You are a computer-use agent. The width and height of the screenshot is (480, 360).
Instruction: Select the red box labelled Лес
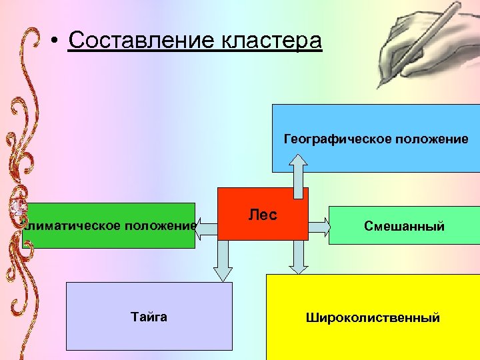click(263, 213)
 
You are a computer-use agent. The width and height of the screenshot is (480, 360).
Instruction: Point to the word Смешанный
click(404, 226)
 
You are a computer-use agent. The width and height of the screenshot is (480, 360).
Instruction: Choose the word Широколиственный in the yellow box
click(373, 317)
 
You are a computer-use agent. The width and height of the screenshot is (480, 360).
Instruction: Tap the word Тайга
click(149, 317)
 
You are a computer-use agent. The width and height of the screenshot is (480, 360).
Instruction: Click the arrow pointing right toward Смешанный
click(319, 227)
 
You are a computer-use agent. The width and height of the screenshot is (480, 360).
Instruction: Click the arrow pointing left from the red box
click(207, 226)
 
